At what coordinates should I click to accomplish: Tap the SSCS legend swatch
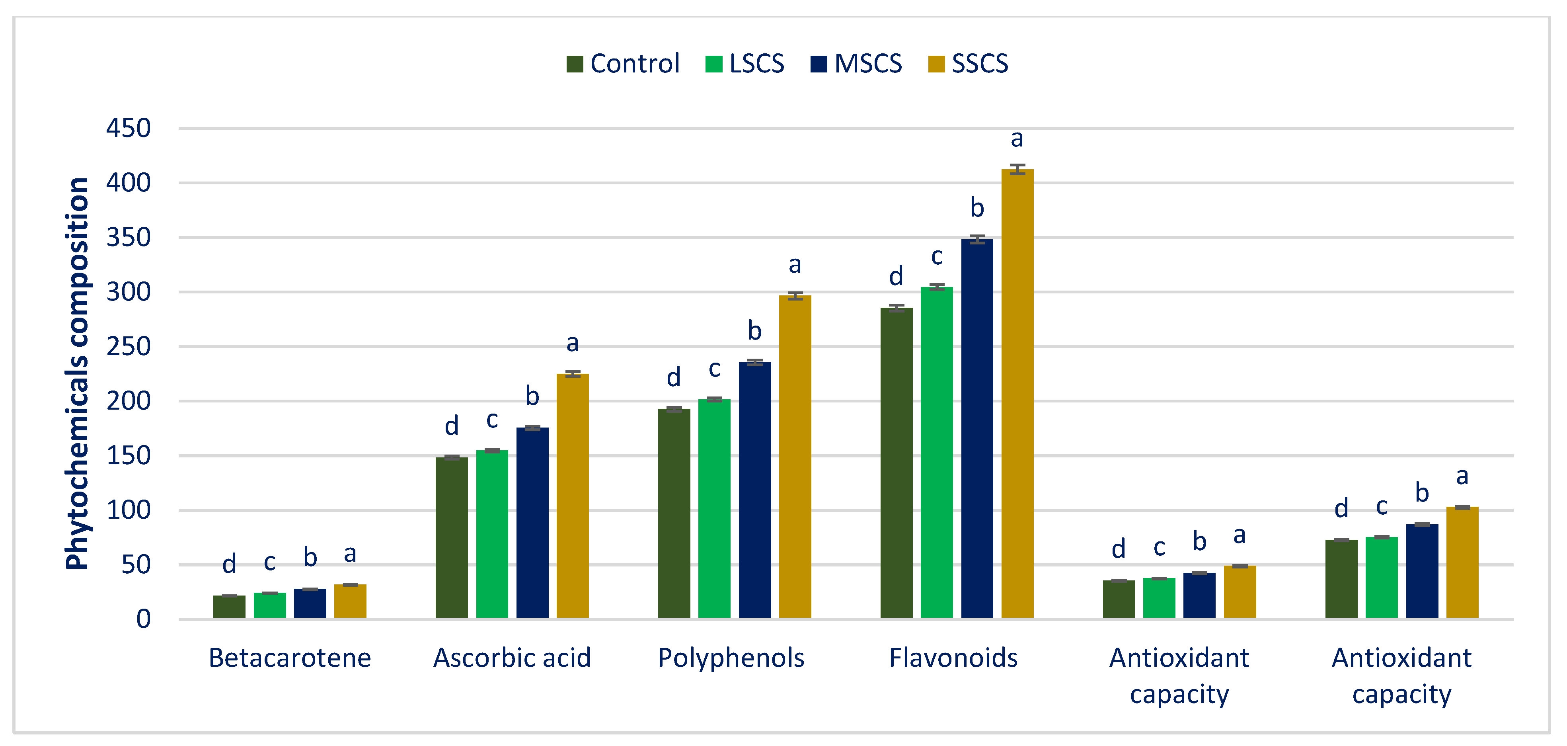coord(936,64)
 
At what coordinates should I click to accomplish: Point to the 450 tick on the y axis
coord(129,129)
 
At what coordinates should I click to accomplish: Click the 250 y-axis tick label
coord(129,347)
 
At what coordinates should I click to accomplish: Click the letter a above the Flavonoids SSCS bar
coord(1017,139)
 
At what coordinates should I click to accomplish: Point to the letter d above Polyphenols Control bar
coord(673,378)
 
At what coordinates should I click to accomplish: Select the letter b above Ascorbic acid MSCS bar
coord(532,397)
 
